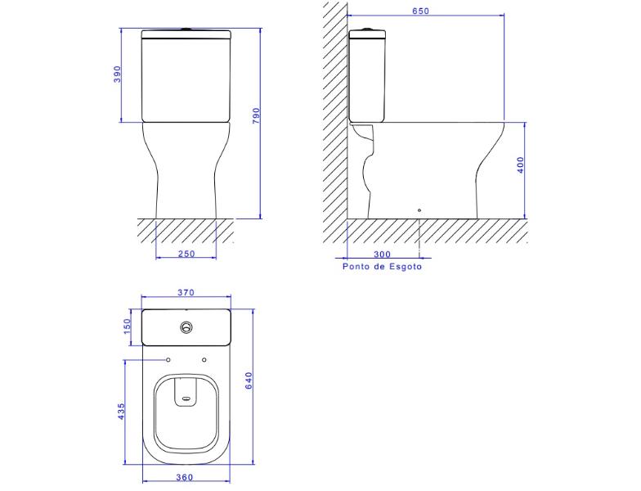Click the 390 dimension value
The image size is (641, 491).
[x=118, y=74]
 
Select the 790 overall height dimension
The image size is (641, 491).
[x=256, y=116]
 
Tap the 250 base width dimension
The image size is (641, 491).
[x=186, y=254]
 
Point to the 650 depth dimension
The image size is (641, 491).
[x=420, y=11]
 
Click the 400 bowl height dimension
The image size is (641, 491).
[x=520, y=165]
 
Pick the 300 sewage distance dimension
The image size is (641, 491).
[x=383, y=255]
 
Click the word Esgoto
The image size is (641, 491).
[x=406, y=267]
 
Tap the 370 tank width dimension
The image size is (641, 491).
[x=186, y=293]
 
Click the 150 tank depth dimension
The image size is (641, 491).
[x=128, y=327]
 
